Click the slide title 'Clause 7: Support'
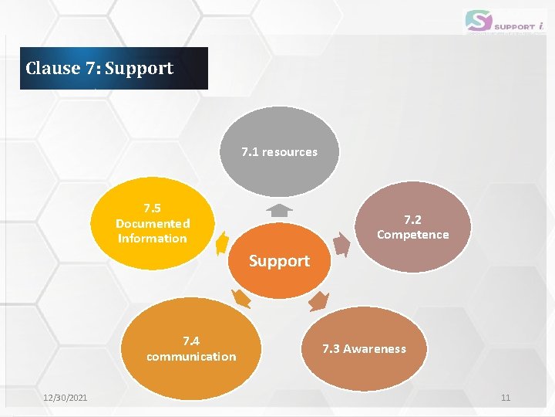(x=99, y=68)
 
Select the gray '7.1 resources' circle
(x=279, y=152)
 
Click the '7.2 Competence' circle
(x=412, y=227)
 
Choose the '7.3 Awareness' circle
(x=364, y=349)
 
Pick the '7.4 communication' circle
(x=191, y=349)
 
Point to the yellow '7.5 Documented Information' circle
(x=152, y=223)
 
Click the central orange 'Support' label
(x=279, y=261)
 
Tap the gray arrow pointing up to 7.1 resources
(x=278, y=210)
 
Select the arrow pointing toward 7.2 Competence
(x=343, y=242)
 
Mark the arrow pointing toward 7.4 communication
(x=240, y=299)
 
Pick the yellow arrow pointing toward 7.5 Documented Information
(x=221, y=242)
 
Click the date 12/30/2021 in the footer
(x=66, y=398)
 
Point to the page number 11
(x=506, y=398)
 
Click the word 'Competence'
(x=412, y=235)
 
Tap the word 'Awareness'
(x=374, y=349)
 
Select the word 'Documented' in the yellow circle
(x=152, y=223)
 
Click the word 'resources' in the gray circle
(x=289, y=152)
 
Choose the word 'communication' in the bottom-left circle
(x=191, y=357)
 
